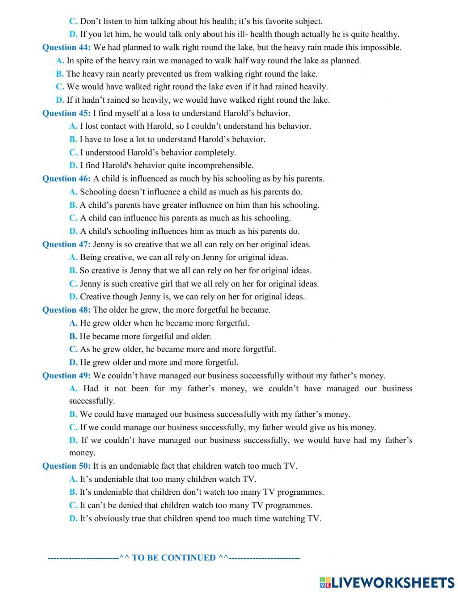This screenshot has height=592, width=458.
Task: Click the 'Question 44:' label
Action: point(66,47)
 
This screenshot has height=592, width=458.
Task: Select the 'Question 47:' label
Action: point(66,244)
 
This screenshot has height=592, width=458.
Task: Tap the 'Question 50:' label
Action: point(66,466)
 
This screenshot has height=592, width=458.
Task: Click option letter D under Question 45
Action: point(73,166)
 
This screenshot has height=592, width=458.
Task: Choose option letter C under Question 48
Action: point(73,349)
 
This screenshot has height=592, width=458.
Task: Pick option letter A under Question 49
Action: point(73,388)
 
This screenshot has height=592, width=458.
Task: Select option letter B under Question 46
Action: point(73,205)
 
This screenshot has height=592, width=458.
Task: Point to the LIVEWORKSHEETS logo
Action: point(387,582)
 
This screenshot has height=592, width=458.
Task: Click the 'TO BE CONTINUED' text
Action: point(174,558)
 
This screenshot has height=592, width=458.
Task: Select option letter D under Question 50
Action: point(73,519)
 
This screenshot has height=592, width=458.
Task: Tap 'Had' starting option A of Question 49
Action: point(91,388)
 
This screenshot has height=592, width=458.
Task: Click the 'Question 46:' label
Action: point(66,179)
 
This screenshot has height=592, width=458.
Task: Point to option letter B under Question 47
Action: point(73,271)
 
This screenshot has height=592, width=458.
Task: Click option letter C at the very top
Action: point(73,21)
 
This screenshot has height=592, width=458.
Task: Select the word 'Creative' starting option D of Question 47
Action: point(95,297)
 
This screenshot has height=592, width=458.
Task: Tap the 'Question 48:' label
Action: point(66,310)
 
